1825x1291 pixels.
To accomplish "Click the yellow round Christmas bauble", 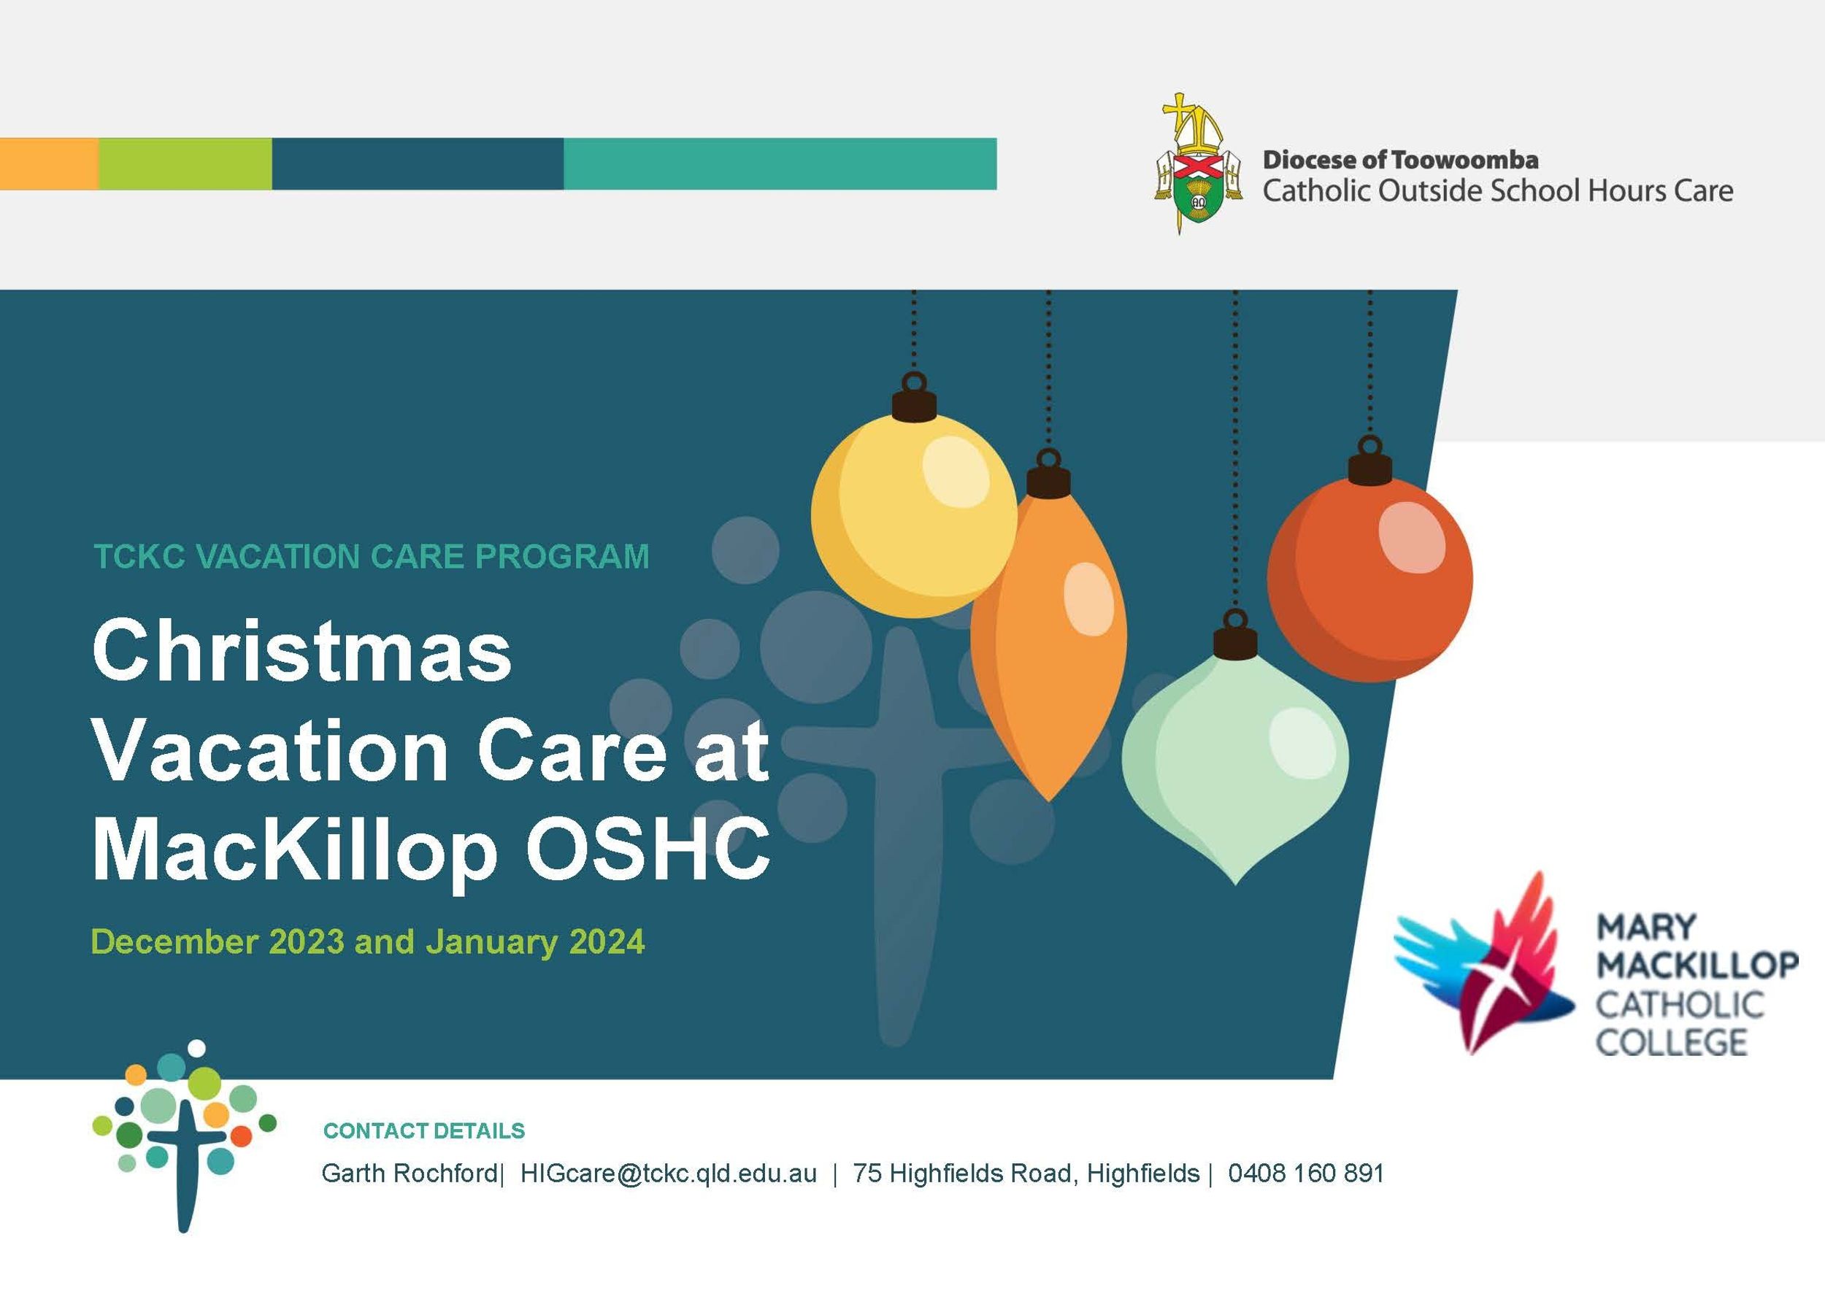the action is [x=914, y=515].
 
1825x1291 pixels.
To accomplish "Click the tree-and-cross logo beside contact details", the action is [x=184, y=1136].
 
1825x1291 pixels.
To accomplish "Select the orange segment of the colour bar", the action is [x=50, y=163].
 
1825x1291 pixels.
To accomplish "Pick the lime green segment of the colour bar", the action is [x=185, y=163].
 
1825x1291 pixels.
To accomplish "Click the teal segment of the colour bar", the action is [x=780, y=163].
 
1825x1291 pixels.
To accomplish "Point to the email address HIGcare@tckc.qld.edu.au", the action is [x=668, y=1174].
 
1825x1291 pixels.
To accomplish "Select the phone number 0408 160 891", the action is [x=1306, y=1174].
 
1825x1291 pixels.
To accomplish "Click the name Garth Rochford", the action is [x=410, y=1174].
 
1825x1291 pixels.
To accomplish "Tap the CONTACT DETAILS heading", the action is [x=424, y=1131].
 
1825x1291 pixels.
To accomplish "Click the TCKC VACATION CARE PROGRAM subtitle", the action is [x=372, y=556].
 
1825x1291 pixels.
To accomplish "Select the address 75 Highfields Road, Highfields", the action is [x=1026, y=1174].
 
